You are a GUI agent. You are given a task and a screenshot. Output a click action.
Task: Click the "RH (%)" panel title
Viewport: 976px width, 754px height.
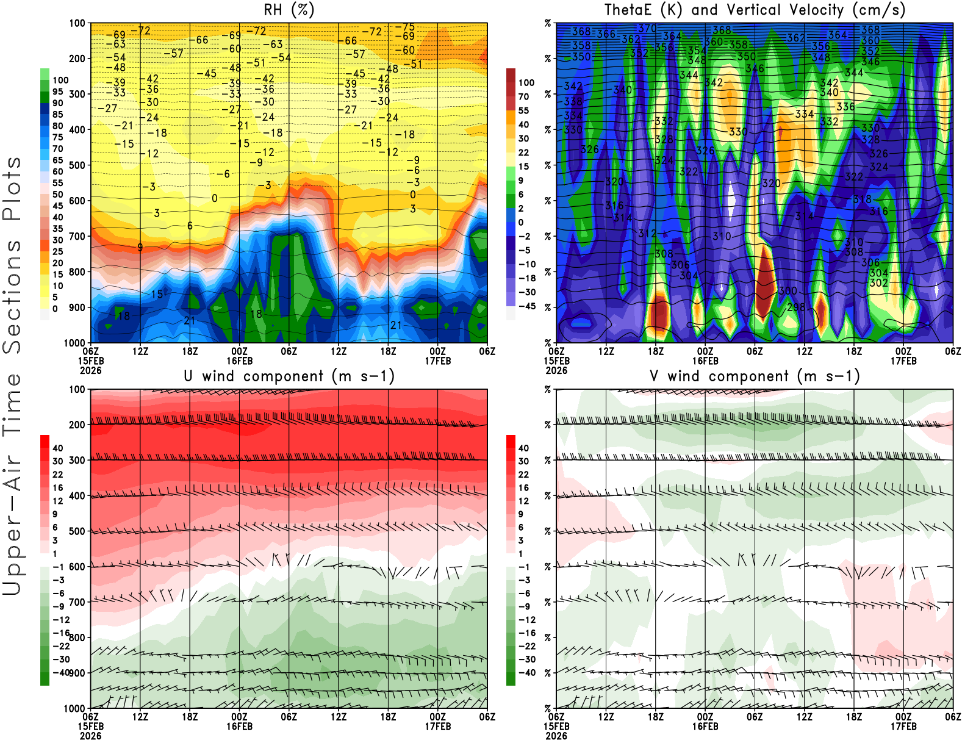coord(289,10)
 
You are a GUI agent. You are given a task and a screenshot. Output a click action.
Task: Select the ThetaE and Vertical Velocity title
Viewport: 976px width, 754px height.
coord(755,10)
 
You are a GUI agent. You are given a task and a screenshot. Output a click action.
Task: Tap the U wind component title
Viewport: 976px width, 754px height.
coord(289,376)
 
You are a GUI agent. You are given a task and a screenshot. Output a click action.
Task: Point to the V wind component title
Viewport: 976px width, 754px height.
coord(755,376)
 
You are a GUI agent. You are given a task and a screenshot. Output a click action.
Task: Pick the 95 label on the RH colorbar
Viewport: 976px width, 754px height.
coord(57,92)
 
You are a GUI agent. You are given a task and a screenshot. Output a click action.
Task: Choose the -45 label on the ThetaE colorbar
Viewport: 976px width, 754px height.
coord(527,306)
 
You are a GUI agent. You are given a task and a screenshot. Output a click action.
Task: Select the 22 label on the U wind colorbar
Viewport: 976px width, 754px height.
coord(57,475)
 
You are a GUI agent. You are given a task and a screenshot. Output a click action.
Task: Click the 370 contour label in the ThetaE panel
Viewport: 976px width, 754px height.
coord(647,28)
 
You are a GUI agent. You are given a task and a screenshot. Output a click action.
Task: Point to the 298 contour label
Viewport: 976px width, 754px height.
coord(796,307)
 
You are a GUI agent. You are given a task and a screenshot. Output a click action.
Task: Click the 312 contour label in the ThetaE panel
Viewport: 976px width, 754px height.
coord(647,234)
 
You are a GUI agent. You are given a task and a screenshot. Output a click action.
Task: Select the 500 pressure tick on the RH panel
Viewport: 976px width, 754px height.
coord(77,165)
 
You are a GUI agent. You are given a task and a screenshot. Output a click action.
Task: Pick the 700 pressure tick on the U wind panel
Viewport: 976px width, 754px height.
coord(77,602)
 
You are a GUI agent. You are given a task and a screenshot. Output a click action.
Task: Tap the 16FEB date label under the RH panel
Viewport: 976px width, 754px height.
coord(239,361)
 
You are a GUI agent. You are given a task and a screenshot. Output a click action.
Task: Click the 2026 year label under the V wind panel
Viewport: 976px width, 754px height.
coord(556,736)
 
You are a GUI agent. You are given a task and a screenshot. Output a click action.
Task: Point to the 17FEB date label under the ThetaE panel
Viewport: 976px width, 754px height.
coord(903,361)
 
